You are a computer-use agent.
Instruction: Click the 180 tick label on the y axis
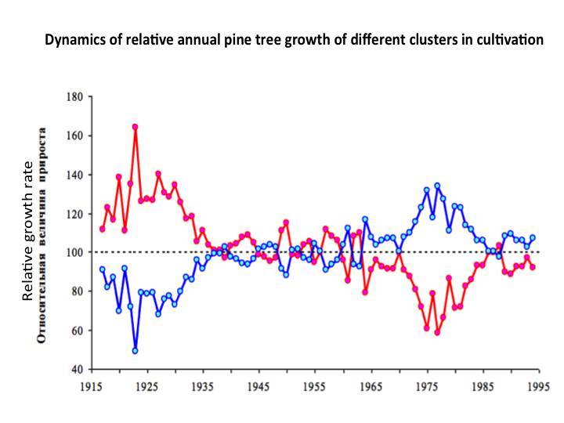73,97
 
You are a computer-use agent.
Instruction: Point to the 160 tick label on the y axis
73,136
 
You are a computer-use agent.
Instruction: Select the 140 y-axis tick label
73,175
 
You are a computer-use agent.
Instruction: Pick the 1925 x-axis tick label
148,387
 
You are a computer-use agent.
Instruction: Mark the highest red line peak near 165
135,127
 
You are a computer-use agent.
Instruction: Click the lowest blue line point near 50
135,350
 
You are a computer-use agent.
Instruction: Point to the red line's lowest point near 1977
437,332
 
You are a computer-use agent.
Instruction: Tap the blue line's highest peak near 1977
437,186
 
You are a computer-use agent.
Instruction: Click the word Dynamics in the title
73,39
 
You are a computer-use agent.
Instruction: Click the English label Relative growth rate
28,231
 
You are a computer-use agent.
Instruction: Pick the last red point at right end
533,266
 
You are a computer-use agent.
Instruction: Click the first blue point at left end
102,269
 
